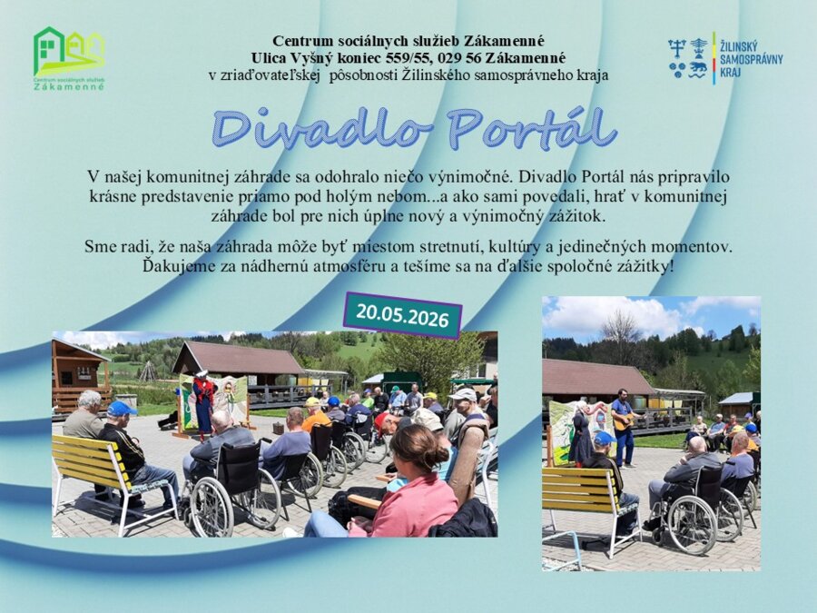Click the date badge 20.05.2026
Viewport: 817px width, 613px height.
[402, 315]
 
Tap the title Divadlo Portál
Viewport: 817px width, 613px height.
[415, 128]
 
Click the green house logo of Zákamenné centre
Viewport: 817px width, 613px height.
[69, 58]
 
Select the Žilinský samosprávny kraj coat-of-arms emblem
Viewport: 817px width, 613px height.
[688, 58]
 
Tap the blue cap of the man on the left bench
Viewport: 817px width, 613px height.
[121, 408]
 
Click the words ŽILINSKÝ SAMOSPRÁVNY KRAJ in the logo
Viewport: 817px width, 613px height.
[751, 59]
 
